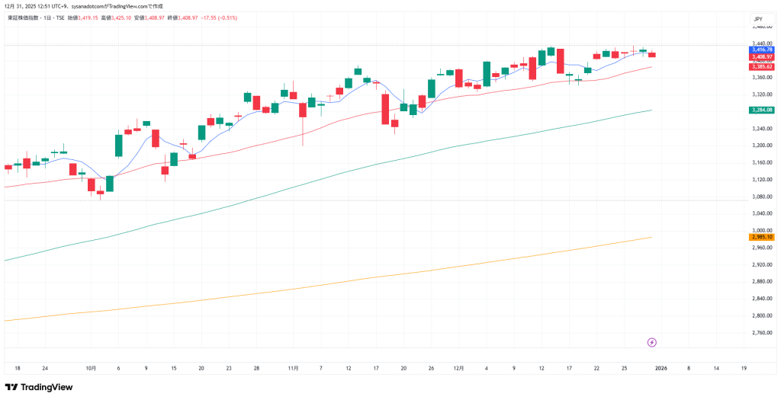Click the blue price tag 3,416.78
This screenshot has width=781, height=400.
pos(762,50)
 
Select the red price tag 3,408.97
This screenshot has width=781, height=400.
pos(762,57)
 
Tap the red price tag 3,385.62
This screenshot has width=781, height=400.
pos(762,67)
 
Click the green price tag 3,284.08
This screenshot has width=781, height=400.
pos(762,110)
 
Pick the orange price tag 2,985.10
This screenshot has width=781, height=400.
pos(762,237)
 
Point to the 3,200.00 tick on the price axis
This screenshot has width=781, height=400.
pos(762,145)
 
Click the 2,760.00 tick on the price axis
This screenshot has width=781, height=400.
pos(762,332)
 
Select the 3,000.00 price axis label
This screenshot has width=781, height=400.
pos(762,230)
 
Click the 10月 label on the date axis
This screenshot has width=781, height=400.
pos(91,367)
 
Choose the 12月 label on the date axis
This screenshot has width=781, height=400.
pos(458,367)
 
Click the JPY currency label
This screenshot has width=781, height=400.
pos(758,18)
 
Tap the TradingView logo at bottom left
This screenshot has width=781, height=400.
pos(39,387)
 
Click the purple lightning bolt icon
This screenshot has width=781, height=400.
pos(651,342)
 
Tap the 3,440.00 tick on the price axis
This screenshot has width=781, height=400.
pos(762,43)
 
